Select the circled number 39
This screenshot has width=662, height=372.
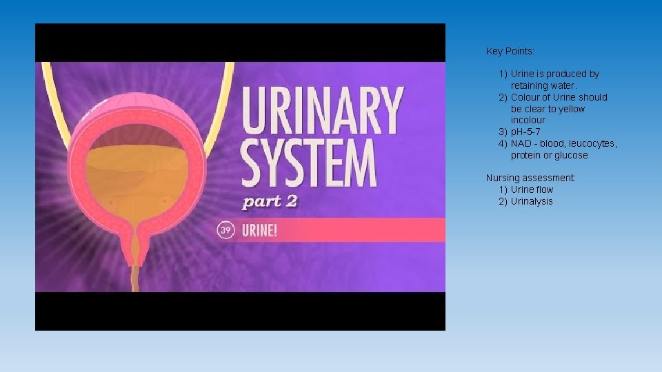225,230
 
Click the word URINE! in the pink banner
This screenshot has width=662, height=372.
259,230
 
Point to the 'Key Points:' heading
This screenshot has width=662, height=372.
510,51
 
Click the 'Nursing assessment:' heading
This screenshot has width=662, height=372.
530,178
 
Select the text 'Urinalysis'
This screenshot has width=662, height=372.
532,201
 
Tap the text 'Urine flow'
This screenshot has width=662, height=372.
532,189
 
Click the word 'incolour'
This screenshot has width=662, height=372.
528,120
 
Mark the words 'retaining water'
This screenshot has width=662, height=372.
539,85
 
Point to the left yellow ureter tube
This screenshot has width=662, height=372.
50,96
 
